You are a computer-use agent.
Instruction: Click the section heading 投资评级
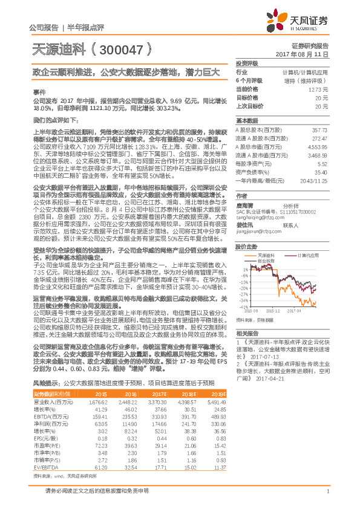tap(247, 63)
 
